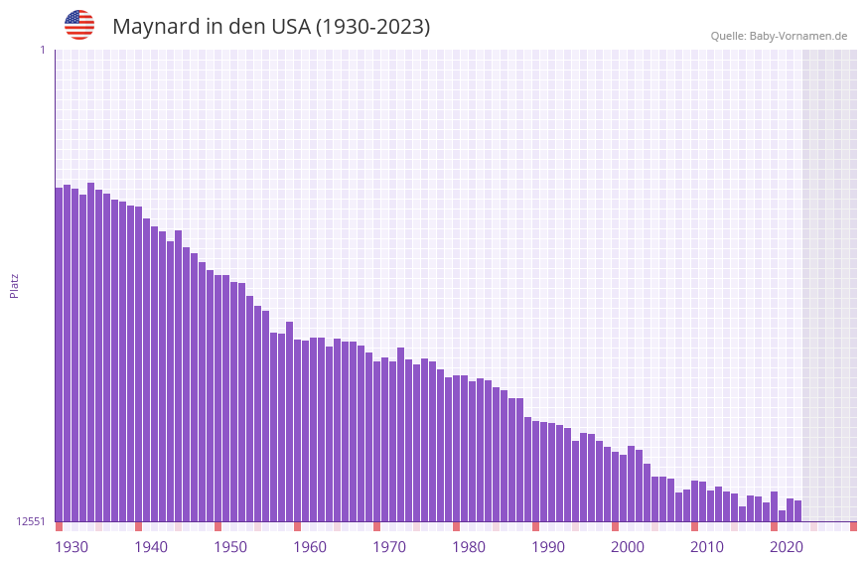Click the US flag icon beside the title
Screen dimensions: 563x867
pyautogui.click(x=79, y=25)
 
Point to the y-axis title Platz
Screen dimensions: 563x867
pyautogui.click(x=14, y=285)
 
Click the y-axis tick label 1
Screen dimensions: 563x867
pyautogui.click(x=42, y=50)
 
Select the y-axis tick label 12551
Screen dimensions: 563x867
pyautogui.click(x=32, y=521)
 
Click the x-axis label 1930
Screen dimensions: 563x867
pyautogui.click(x=72, y=547)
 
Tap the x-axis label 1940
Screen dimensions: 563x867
pyautogui.click(x=151, y=547)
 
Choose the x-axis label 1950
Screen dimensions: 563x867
pyautogui.click(x=230, y=547)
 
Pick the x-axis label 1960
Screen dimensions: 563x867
pyautogui.click(x=310, y=547)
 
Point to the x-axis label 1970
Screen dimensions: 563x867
pyautogui.click(x=389, y=547)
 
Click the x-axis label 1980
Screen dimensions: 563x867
pyautogui.click(x=469, y=547)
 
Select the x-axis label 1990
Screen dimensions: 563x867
pyautogui.click(x=548, y=547)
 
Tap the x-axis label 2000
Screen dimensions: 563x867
pyautogui.click(x=628, y=547)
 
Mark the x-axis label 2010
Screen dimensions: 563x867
pyautogui.click(x=707, y=547)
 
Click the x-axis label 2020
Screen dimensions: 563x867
pyautogui.click(x=787, y=547)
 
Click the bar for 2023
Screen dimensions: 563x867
pyautogui.click(x=797, y=510)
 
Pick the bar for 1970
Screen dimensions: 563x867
pyautogui.click(x=376, y=441)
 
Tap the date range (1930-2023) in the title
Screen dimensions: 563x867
pyautogui.click(x=372, y=27)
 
